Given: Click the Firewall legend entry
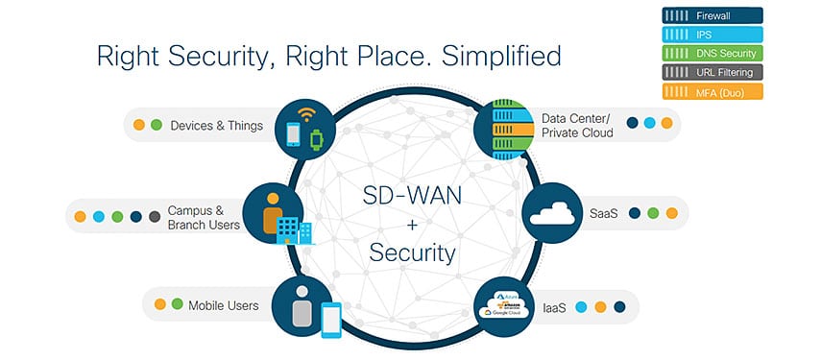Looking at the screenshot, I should coord(710,16).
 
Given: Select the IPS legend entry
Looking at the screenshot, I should coord(710,35).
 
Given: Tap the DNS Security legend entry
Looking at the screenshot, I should coord(710,54).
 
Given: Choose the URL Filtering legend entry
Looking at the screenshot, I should coord(710,72).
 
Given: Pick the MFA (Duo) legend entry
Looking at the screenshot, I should coord(710,91).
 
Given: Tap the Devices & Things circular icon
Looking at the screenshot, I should coord(302,127).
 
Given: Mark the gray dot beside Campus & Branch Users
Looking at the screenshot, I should coord(154,216).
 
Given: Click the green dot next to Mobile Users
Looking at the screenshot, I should coord(177,305).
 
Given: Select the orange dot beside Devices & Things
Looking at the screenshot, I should coord(139,126).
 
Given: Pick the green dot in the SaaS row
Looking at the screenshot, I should coord(653,214).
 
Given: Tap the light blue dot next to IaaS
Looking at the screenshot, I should coord(581,307).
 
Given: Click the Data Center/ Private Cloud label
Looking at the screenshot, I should coord(577,126).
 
